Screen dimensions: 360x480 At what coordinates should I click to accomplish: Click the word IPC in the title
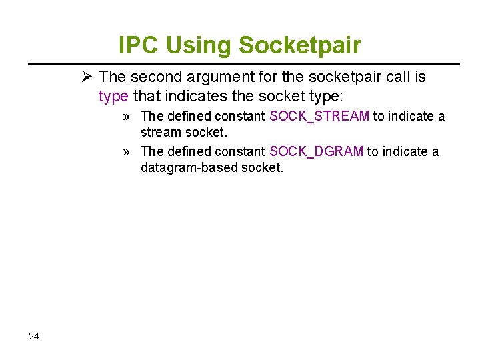tap(139, 45)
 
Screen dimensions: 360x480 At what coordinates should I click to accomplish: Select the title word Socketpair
tap(299, 45)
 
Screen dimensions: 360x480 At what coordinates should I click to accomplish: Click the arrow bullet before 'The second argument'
tap(86, 77)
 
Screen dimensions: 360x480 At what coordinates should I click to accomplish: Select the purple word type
tap(113, 96)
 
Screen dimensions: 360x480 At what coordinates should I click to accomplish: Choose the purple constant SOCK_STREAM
tap(319, 117)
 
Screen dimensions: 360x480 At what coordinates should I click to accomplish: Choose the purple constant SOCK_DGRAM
tap(316, 152)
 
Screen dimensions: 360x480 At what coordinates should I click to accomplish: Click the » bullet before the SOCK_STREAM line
tap(126, 117)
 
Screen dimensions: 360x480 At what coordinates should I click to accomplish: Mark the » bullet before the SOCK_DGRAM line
tap(126, 152)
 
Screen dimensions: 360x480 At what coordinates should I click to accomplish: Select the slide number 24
tap(34, 336)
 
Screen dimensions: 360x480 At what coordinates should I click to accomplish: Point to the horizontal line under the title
tap(243, 64)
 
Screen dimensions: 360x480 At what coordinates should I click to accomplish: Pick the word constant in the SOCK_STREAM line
tap(240, 117)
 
